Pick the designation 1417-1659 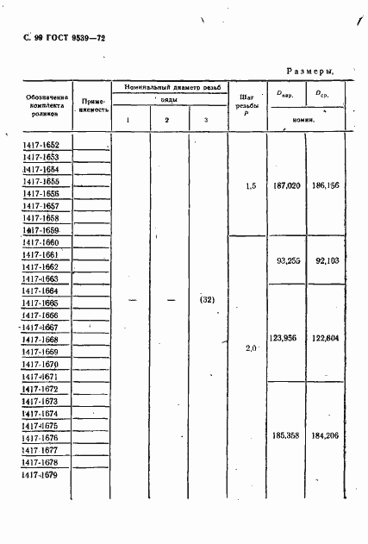coord(41,231)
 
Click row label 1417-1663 coord(41,279)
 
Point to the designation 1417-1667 coord(41,328)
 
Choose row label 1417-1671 coord(41,377)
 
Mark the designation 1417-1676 coord(41,438)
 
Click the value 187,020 coord(286,186)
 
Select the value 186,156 coord(327,186)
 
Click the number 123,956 coord(285,338)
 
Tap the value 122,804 coord(327,338)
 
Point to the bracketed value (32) coord(206,300)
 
